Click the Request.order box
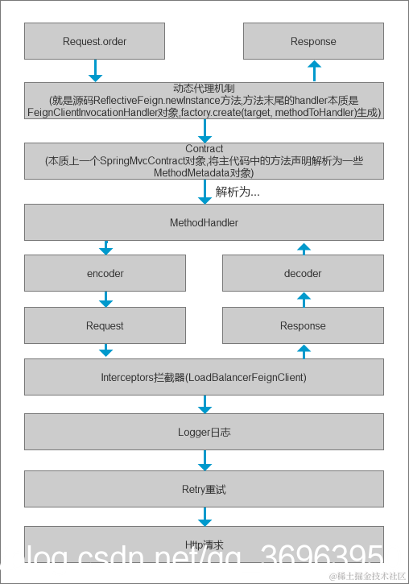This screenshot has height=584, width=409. tap(94, 41)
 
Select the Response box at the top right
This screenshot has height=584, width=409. tap(313, 41)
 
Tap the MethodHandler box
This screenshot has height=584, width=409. tap(204, 222)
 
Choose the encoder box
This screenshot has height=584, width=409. tap(105, 273)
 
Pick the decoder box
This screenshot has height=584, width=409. tap(303, 273)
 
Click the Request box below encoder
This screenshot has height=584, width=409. tap(105, 325)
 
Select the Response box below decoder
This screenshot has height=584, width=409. tap(303, 325)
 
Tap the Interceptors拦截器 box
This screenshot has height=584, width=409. tap(204, 377)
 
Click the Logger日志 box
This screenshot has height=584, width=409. tap(204, 432)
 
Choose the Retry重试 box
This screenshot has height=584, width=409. tap(204, 489)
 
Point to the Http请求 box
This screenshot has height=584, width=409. tap(204, 545)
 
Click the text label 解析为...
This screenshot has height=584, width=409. tap(238, 193)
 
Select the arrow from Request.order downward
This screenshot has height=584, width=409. tap(95, 71)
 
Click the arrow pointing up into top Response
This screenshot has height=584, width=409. tap(314, 71)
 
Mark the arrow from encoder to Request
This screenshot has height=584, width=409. tap(105, 300)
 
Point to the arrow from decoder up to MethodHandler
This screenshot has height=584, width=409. tap(304, 250)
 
